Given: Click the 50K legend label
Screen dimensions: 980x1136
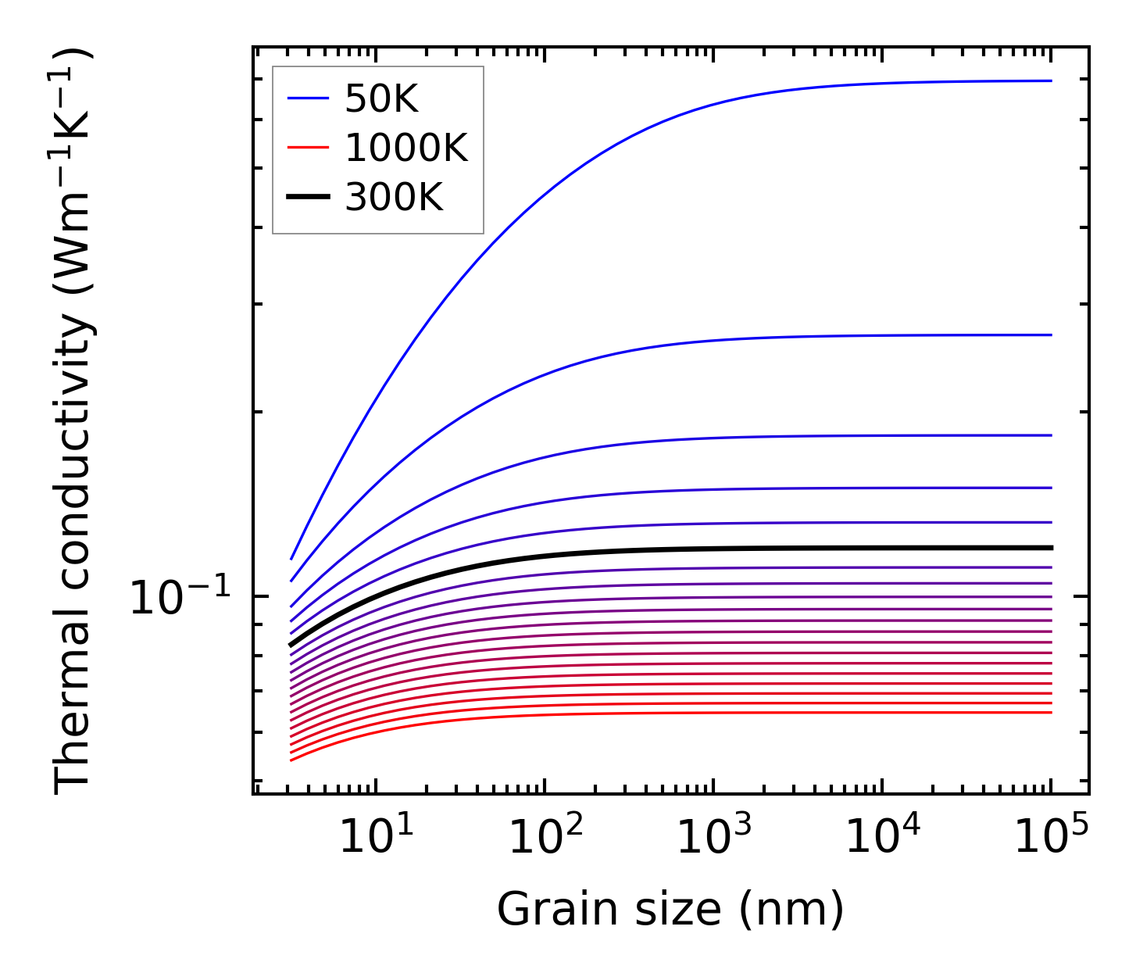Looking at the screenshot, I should click(382, 98).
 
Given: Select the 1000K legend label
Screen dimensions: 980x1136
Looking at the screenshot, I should click(406, 148).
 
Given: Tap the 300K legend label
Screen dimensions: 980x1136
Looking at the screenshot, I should click(394, 198).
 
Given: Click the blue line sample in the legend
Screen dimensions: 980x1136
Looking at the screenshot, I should click(308, 98).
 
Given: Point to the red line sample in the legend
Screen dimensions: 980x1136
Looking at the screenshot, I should click(308, 148).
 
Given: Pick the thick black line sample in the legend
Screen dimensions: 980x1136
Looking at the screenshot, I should click(308, 198).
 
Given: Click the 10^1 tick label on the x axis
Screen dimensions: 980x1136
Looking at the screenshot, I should click(376, 839).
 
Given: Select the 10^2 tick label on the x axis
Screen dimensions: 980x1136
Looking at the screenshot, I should click(545, 839).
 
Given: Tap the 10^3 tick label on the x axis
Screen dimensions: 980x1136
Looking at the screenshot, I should click(714, 839).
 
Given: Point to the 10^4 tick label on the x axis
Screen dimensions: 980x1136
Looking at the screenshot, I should click(884, 839).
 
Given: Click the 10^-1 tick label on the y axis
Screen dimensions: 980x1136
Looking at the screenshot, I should click(180, 599).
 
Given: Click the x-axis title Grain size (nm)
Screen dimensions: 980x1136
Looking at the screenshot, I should click(670, 910).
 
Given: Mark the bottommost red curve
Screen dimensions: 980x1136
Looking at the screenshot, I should click(625, 713).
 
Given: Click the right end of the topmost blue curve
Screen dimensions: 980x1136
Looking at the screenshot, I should click(1051, 80).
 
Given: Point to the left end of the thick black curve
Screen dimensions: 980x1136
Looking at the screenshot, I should click(291, 646).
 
